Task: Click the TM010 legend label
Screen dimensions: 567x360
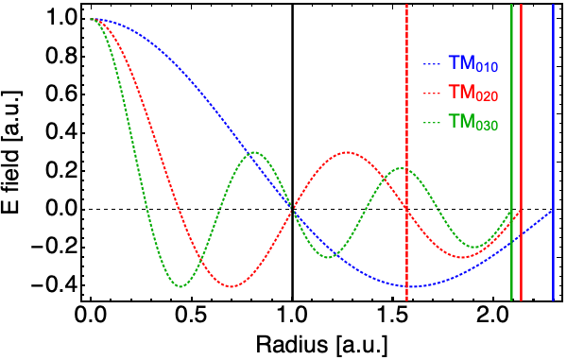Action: tap(473, 64)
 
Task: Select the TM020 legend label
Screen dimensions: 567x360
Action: tap(473, 94)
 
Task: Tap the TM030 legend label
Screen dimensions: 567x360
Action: tap(473, 122)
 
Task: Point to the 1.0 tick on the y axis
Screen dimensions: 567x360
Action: tap(60, 19)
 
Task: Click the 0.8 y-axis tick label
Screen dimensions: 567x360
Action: tap(60, 57)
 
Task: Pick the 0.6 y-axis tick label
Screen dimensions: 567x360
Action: tap(60, 95)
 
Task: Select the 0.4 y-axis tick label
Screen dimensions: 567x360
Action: tap(60, 133)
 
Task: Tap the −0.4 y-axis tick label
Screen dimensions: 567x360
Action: tap(53, 285)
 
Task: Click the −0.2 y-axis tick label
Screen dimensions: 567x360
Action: tap(53, 248)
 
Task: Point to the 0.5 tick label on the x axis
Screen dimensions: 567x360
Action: tap(191, 316)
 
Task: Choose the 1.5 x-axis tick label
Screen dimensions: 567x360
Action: tap(392, 316)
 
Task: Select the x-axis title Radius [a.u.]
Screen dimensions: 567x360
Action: tap(321, 345)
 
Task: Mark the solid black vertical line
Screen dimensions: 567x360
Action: tap(292, 152)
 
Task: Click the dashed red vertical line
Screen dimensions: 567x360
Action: tap(406, 152)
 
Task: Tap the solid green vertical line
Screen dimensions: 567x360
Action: tap(511, 152)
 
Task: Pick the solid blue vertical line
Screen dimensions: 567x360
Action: tap(553, 152)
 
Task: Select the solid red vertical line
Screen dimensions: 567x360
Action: tap(521, 152)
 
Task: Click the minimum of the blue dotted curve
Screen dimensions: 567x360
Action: tap(413, 287)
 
